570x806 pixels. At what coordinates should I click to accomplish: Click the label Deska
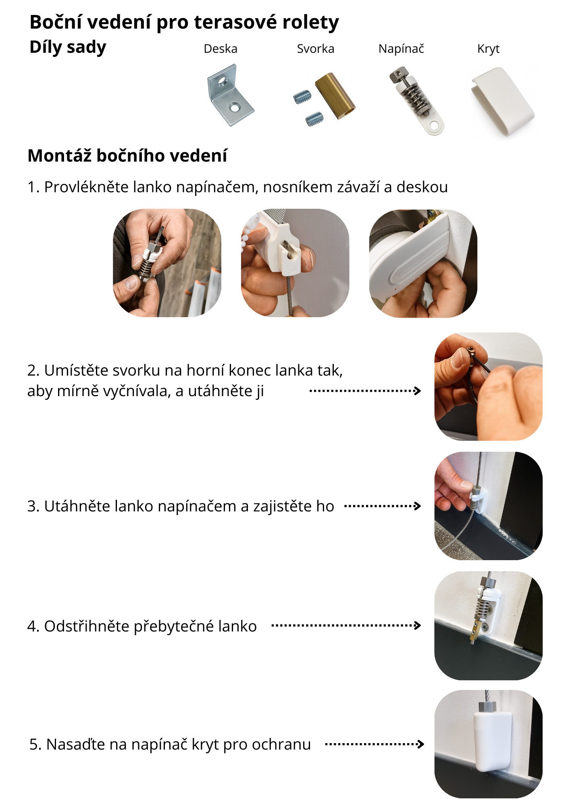tap(221, 49)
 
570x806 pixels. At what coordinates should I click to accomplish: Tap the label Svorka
tap(316, 49)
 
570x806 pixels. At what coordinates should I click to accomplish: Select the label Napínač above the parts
tap(401, 49)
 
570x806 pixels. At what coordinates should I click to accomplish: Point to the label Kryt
tap(488, 49)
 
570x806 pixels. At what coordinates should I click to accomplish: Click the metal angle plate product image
tap(230, 96)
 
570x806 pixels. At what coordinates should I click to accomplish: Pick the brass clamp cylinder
tap(335, 96)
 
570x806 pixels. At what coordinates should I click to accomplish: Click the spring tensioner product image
tap(416, 101)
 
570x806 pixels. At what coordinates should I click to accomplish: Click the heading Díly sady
tap(68, 48)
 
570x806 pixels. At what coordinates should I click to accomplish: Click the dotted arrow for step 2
tap(365, 391)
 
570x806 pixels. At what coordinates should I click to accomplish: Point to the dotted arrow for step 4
tap(346, 625)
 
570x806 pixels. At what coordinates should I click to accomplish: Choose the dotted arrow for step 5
tap(374, 744)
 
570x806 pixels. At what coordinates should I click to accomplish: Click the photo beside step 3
tap(488, 506)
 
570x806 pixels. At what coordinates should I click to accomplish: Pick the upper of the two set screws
tap(302, 97)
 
